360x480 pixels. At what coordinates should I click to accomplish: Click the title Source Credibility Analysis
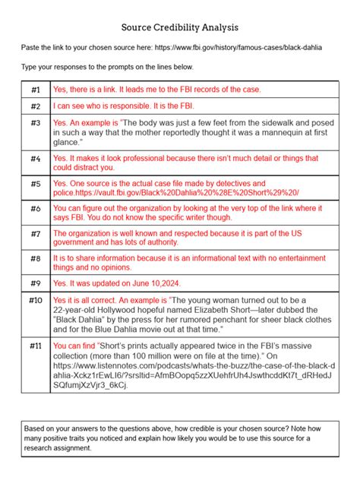(179, 27)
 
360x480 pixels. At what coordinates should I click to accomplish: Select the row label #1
(36, 89)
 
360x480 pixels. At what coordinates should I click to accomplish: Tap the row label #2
(36, 106)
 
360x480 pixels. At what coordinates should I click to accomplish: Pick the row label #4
(36, 159)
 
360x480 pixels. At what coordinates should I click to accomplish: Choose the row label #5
(36, 184)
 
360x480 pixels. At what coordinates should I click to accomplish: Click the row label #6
(36, 208)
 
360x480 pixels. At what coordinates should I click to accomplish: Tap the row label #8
(36, 259)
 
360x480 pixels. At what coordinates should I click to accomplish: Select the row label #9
(36, 283)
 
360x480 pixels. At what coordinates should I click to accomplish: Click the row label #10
(36, 301)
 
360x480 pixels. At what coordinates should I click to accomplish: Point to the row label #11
(36, 345)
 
